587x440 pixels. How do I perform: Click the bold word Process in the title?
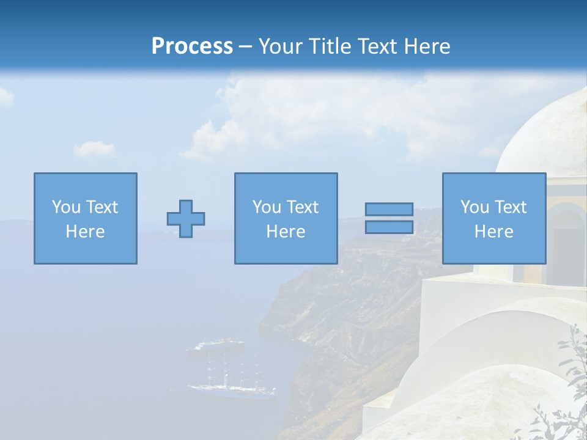pos(192,46)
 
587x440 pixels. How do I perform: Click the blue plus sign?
pos(186,219)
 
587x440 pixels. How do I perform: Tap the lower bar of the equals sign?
pos(389,227)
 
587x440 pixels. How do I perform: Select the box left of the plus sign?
pos(85,218)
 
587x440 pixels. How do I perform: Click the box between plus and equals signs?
pos(286,218)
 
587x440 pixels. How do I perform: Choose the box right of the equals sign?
pos(493,218)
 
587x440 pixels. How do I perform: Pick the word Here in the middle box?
pos(286,232)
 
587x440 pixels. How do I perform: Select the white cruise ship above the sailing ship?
pos(215,346)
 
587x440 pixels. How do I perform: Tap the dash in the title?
pos(246,46)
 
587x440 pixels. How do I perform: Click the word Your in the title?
pos(280,46)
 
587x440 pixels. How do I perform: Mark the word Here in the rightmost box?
pos(493,232)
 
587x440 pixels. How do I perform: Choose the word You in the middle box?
pos(267,207)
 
